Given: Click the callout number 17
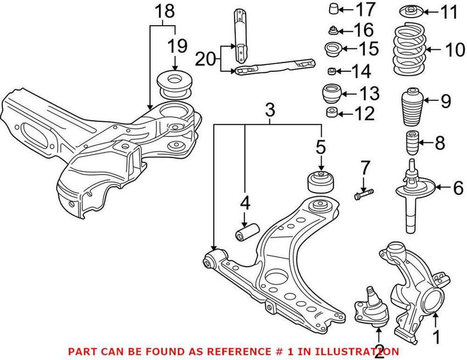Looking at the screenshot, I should [367, 9].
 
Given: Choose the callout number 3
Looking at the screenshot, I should [269, 109].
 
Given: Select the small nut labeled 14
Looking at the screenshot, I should [332, 72].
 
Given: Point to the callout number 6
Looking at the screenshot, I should [458, 188].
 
